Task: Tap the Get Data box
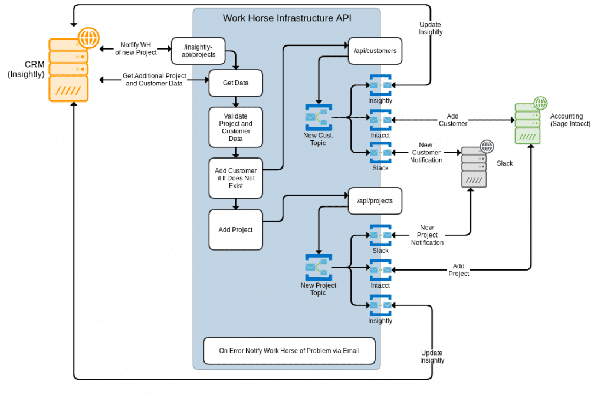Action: click(235, 83)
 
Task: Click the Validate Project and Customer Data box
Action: click(235, 127)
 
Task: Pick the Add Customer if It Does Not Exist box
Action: click(235, 178)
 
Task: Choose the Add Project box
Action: click(235, 230)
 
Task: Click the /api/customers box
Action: click(375, 51)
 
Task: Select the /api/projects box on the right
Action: click(375, 200)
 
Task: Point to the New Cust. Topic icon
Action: click(319, 117)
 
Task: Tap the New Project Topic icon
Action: click(319, 267)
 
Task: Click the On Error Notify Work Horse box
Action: click(289, 351)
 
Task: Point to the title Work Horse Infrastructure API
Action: click(287, 18)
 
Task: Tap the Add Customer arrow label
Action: click(452, 120)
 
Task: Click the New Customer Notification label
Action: click(426, 153)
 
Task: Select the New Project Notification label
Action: click(427, 235)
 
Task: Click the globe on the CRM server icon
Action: click(88, 38)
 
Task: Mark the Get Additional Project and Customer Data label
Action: click(154, 80)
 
